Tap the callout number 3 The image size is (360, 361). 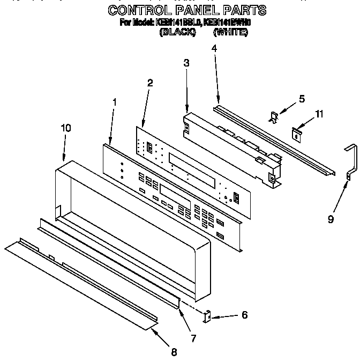point(186,63)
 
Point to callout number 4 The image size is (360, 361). point(214,48)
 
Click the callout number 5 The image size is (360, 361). point(302,99)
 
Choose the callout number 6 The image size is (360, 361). point(244,315)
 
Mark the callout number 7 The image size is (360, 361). point(193,338)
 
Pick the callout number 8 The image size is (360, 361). point(174,352)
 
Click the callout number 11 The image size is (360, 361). point(319,114)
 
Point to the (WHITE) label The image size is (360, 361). point(230,32)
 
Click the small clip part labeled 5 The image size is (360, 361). point(274,116)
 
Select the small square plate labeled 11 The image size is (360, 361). point(296,132)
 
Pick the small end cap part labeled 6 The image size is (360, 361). point(208,316)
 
